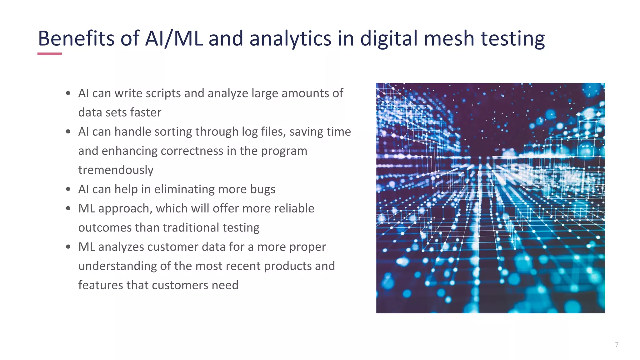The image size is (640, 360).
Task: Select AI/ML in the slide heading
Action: pyautogui.click(x=174, y=38)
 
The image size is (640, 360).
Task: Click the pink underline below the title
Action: pyautogui.click(x=50, y=54)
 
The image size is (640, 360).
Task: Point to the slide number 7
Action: pyautogui.click(x=617, y=344)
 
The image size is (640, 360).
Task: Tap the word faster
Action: pyautogui.click(x=146, y=112)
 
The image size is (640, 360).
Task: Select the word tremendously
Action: pyautogui.click(x=116, y=170)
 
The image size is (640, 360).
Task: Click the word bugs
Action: pyautogui.click(x=262, y=189)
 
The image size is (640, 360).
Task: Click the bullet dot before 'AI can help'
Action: pyautogui.click(x=68, y=189)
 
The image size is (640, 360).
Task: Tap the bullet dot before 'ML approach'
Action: pyautogui.click(x=68, y=208)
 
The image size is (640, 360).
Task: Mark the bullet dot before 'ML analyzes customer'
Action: pyautogui.click(x=68, y=247)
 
